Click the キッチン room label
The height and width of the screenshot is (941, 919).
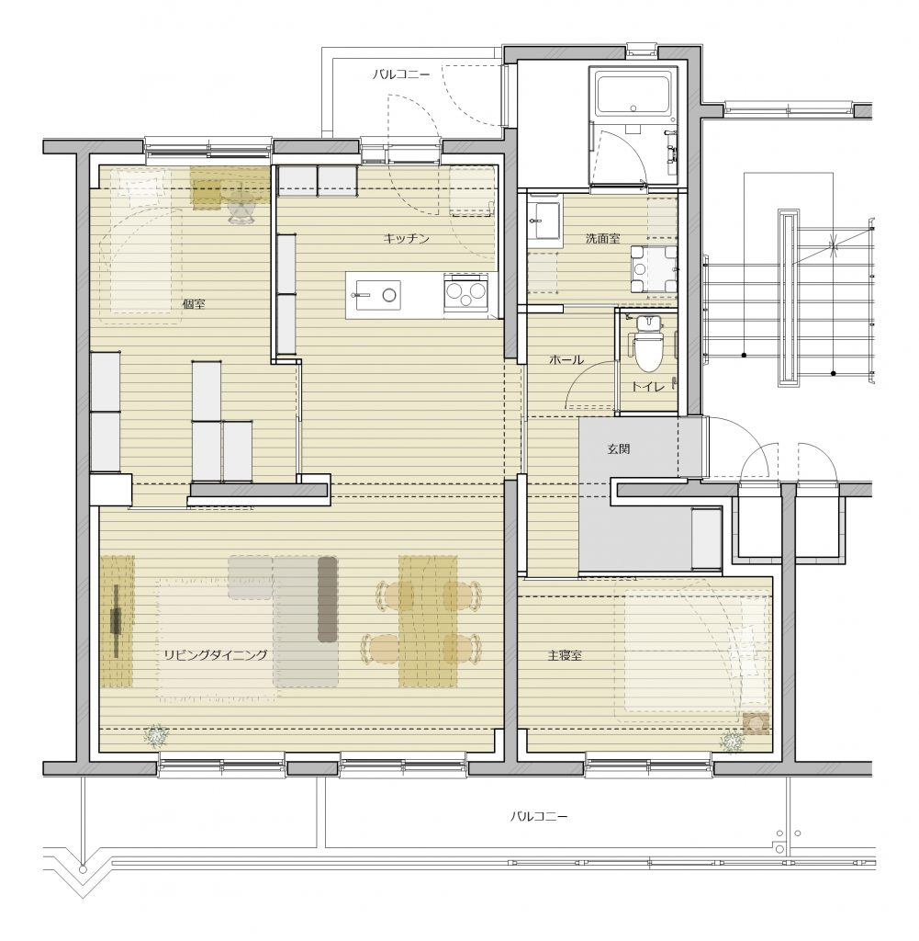tap(407, 239)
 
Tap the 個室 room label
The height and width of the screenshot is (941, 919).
tap(194, 304)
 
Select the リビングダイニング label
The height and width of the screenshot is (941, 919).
tap(215, 654)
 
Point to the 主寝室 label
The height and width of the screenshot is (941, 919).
tap(565, 655)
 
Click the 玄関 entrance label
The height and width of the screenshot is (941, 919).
tap(619, 448)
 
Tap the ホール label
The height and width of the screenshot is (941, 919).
tap(566, 360)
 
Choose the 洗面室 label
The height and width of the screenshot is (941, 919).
tap(602, 238)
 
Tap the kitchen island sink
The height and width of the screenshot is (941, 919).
tap(378, 295)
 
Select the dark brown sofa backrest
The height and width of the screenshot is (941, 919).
tap(327, 599)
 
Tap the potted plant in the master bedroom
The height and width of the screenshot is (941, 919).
tap(733, 743)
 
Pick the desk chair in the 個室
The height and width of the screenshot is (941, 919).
tap(241, 210)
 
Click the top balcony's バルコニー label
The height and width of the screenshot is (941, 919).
tap(401, 74)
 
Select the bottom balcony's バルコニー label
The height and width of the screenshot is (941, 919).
tap(539, 816)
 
